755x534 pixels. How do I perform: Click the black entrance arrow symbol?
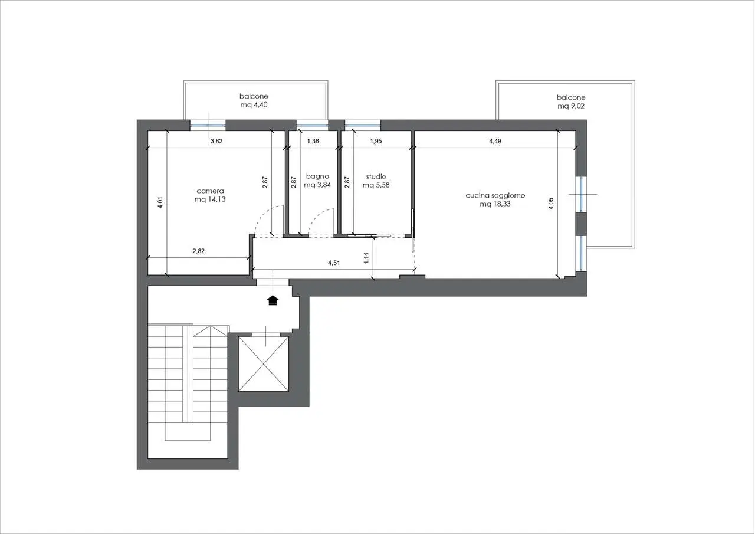[273, 300]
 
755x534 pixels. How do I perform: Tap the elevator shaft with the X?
[264, 364]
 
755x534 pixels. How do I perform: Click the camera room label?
[210, 191]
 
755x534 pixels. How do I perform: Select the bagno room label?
[317, 176]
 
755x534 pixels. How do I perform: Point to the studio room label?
[376, 176]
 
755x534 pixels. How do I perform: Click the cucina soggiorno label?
[495, 195]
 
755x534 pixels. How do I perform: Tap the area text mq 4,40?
[254, 105]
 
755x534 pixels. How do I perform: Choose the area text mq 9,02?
[571, 106]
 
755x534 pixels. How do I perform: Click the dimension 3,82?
[216, 141]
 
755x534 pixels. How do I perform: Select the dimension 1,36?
[313, 141]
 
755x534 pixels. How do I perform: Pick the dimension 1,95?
[376, 141]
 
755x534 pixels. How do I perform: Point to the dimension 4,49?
[495, 141]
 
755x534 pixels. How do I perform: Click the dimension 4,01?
[161, 202]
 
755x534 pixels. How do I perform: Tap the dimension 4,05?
[551, 204]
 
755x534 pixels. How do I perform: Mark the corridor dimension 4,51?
[334, 263]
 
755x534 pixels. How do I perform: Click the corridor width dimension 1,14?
[367, 258]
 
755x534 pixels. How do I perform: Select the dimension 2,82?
[199, 251]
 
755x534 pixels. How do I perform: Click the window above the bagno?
[312, 126]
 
